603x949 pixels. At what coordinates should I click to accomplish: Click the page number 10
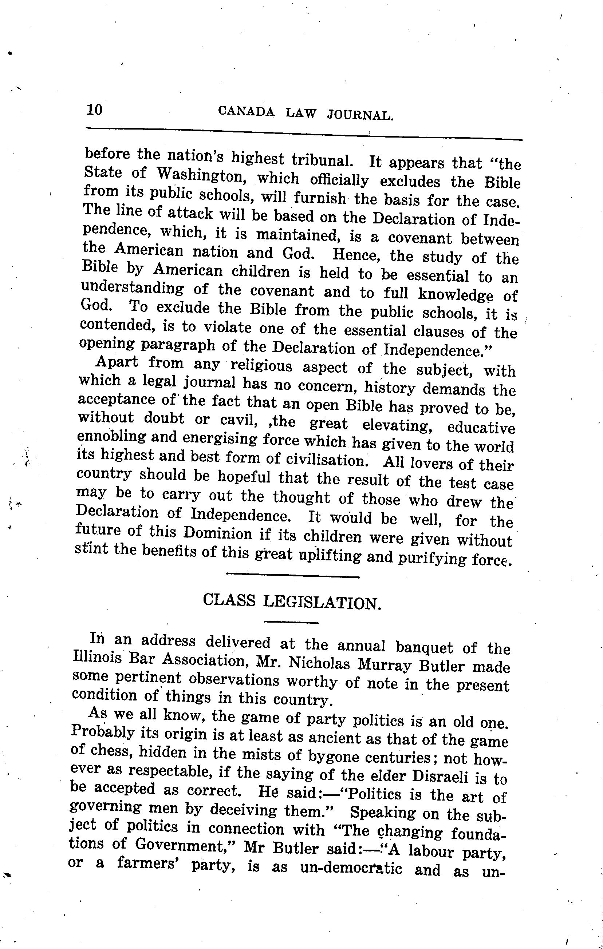(x=94, y=109)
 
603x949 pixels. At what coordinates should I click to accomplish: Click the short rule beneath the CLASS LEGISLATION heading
(x=291, y=623)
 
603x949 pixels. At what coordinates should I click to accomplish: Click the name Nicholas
(x=319, y=664)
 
